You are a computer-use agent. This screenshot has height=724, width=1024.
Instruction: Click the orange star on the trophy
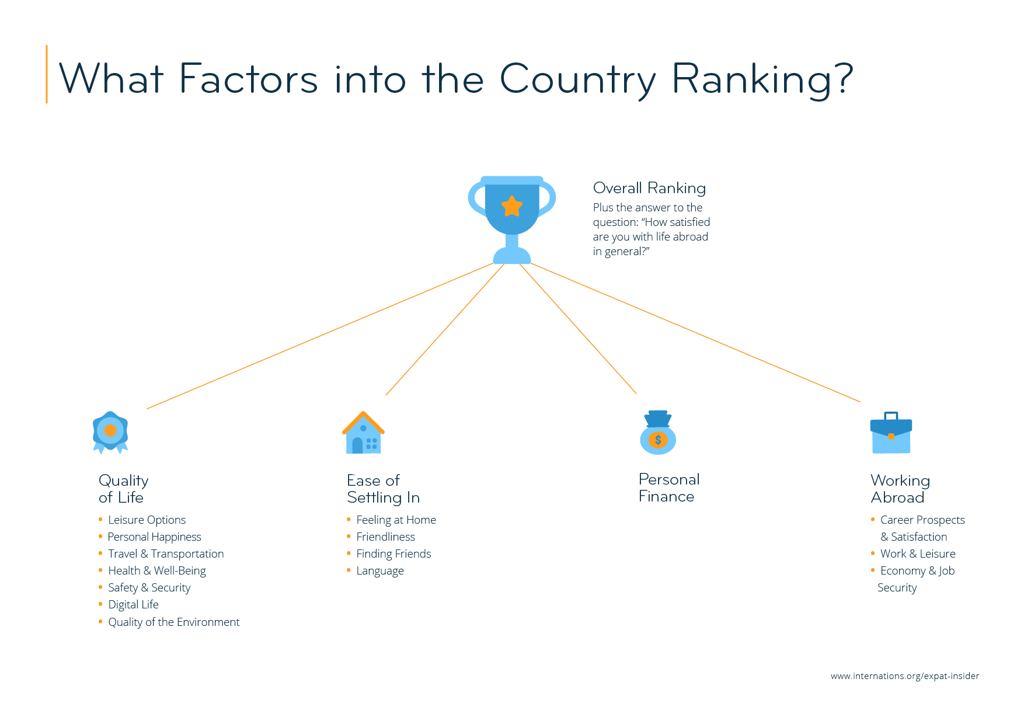point(512,206)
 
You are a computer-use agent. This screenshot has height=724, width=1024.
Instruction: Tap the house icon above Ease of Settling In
point(363,434)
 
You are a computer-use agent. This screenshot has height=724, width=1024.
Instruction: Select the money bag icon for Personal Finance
point(658,433)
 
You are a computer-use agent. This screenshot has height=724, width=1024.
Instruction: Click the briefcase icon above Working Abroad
point(891,434)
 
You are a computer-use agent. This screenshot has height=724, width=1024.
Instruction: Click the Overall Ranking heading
point(649,188)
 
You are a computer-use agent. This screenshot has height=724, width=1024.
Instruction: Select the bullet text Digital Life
point(133,604)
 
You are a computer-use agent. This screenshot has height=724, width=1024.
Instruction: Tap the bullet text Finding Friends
point(393,554)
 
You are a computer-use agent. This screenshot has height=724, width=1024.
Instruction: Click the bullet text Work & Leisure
point(918,554)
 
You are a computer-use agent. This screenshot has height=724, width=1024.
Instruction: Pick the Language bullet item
point(380,570)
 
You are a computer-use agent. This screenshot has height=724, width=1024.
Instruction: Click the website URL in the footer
point(904,676)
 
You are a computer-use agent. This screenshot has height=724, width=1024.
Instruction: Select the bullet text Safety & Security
point(149,587)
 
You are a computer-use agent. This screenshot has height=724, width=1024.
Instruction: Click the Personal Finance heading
point(668,488)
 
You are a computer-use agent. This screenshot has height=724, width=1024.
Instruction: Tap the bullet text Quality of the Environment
point(174,622)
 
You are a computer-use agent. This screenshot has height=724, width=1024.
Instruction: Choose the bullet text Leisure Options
point(147,520)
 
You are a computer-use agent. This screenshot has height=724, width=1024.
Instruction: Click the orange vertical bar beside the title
point(47,74)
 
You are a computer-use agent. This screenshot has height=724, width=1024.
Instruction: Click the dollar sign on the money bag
point(658,440)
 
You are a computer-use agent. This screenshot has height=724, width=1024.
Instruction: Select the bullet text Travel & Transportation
point(166,554)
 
